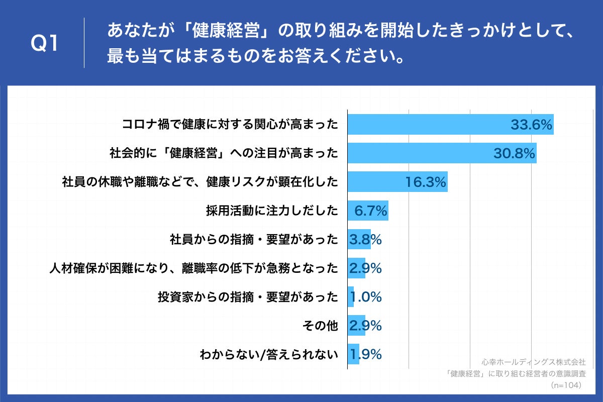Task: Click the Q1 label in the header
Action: (45, 44)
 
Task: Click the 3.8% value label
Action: (365, 240)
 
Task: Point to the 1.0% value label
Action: (365, 297)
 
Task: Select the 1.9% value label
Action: (365, 355)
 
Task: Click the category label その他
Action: (320, 326)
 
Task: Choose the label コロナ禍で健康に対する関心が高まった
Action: (230, 124)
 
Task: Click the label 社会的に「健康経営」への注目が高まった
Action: (224, 153)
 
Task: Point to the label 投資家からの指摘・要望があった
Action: (248, 297)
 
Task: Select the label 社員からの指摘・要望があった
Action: (254, 240)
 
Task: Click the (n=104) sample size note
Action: (566, 385)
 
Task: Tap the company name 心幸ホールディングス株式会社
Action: (533, 362)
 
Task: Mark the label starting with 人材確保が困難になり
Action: (193, 268)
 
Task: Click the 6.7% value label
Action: (371, 211)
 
